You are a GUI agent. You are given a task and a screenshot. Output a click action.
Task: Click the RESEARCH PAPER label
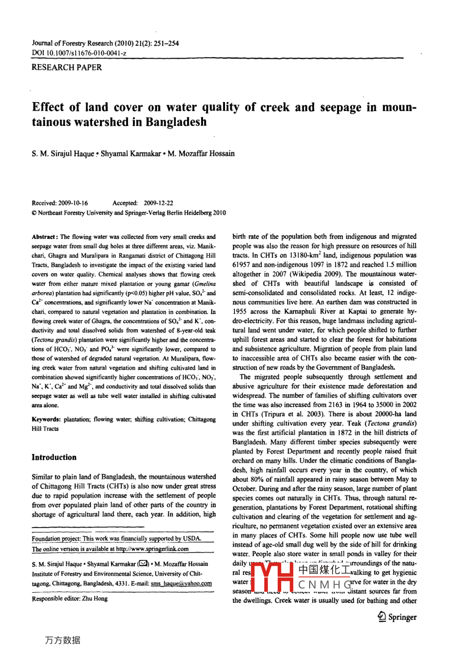pyautogui.click(x=66, y=67)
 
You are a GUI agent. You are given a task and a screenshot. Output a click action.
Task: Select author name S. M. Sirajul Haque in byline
pyautogui.click(x=63, y=154)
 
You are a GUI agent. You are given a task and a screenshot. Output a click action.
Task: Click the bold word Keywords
pyautogui.click(x=46, y=420)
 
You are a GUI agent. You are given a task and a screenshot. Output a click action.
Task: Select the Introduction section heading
pyautogui.click(x=54, y=457)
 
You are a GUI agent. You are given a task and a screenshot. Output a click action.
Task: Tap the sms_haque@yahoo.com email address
pyautogui.click(x=181, y=583)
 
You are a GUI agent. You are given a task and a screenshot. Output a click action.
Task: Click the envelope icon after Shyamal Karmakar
pyautogui.click(x=143, y=564)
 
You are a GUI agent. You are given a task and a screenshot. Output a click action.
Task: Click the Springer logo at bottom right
pyautogui.click(x=397, y=617)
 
